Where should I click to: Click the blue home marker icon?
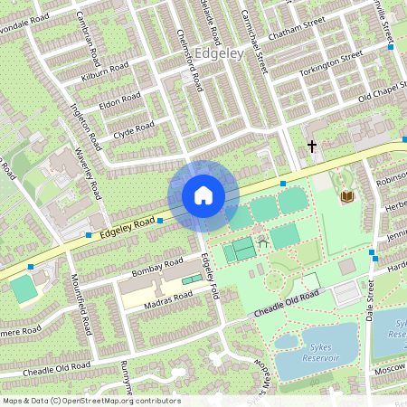pos(203,195)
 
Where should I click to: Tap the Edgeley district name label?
pos(218,54)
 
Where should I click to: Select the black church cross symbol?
pos(312,146)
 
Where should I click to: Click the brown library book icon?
pos(347,195)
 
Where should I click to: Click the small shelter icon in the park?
pos(263,241)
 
